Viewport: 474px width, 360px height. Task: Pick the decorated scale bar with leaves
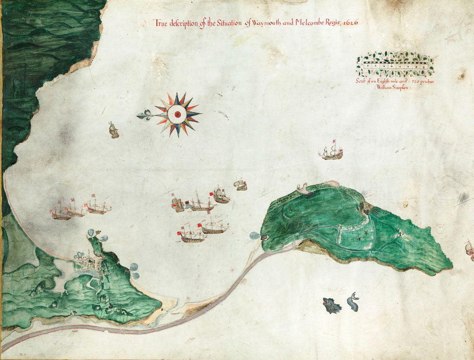point(395,64)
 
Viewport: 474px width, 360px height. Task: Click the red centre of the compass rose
point(177,114)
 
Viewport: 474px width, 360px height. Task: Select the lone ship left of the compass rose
point(113,130)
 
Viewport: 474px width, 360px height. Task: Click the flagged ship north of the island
point(331,151)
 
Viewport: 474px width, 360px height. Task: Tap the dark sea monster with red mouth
point(331,305)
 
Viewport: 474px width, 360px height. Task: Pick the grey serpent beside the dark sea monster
point(353,301)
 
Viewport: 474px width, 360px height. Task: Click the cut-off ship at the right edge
point(469,250)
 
